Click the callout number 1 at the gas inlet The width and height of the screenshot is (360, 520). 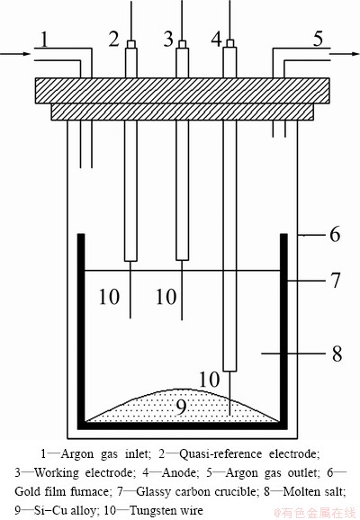point(44,40)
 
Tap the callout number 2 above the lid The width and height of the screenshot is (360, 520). point(113,39)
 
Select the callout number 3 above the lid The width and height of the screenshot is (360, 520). point(168,39)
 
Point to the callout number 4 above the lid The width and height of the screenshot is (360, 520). point(217,39)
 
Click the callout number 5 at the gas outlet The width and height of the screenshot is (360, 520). point(318,39)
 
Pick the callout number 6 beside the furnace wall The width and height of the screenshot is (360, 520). point(335,235)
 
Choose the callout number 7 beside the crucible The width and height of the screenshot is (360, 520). point(336,280)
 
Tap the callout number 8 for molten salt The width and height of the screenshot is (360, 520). point(337,354)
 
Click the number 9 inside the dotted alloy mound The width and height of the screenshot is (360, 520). point(181,407)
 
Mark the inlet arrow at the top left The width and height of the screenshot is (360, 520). point(15,54)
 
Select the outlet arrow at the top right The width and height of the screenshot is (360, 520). point(345,54)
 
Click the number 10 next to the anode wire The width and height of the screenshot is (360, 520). point(209,380)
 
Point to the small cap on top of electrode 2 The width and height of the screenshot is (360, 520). point(131,44)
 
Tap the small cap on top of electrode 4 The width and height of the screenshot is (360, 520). point(229,43)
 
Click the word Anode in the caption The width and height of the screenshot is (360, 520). point(180,473)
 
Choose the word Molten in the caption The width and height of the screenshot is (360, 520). point(301,492)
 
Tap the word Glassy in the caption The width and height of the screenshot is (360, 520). point(156,492)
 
